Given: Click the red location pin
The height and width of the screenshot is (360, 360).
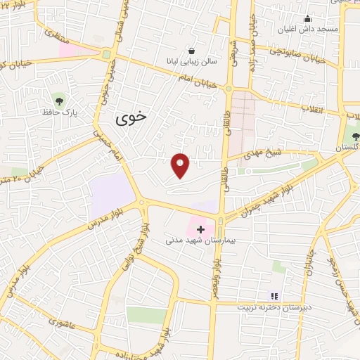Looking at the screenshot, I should (x=181, y=165).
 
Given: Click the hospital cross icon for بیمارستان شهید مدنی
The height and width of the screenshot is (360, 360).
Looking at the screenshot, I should (x=200, y=229).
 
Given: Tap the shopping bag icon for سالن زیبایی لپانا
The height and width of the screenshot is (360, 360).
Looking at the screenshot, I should (x=191, y=51).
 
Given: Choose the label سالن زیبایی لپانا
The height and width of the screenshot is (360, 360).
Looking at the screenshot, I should (x=192, y=61).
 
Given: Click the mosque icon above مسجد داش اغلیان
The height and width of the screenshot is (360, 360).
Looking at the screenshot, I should (x=307, y=19).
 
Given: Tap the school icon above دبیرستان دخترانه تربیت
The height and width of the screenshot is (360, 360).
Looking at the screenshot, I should (x=275, y=297).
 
